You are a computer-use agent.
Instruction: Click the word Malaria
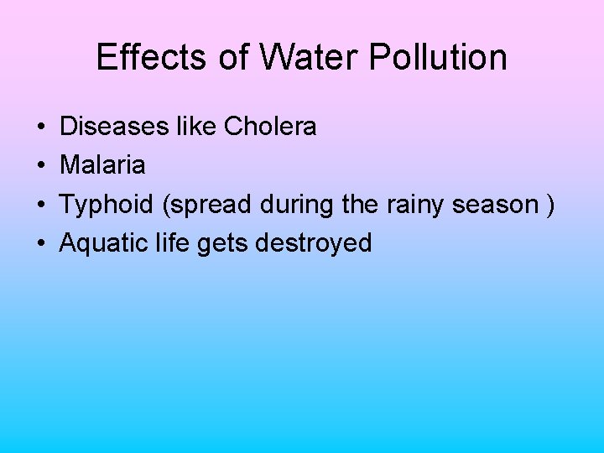point(102,165)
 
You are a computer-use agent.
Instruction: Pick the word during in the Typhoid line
point(293,205)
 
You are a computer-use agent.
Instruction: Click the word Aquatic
point(105,243)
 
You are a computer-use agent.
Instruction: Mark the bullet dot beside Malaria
point(41,166)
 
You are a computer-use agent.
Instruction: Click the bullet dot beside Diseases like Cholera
point(41,128)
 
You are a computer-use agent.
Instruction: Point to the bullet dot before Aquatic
point(41,244)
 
